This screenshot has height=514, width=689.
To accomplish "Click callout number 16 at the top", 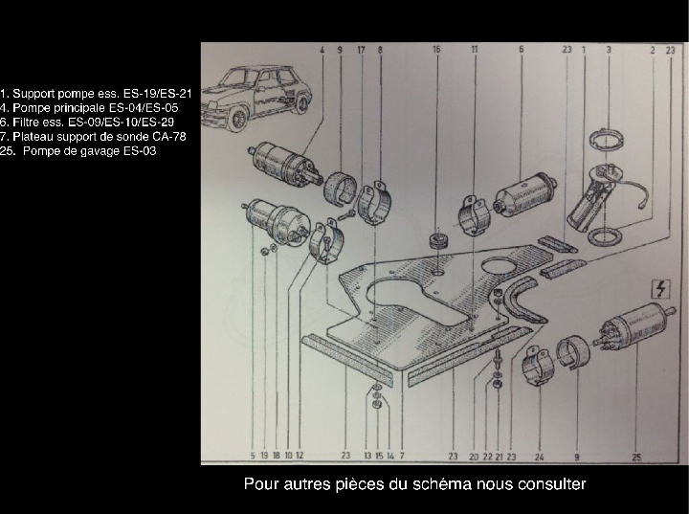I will (436, 49).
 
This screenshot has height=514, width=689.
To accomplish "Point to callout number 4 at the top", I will (322, 49).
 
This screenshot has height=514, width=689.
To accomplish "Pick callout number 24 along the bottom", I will (540, 457).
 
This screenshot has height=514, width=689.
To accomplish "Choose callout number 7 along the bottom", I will (402, 457).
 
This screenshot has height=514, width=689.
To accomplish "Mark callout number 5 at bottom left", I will (252, 457).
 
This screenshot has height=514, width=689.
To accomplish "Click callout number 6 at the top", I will (521, 49).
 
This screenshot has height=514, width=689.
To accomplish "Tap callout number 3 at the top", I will (609, 49).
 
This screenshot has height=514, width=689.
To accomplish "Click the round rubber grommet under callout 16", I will (440, 239).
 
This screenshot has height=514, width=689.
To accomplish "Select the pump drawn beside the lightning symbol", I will (632, 325).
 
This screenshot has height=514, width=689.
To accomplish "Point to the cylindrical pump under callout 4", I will (285, 165).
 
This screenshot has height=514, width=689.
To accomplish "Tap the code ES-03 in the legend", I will (138, 151).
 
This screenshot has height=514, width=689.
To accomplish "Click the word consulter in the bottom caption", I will (550, 484).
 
